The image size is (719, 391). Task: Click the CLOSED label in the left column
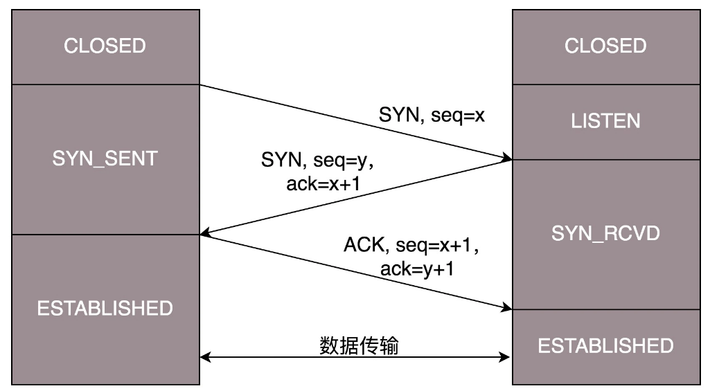105,46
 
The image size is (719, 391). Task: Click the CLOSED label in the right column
605,46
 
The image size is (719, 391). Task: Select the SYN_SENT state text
105,158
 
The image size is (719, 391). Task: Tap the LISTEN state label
605,121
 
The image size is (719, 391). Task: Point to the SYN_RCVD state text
605,233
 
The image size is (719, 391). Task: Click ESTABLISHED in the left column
105,308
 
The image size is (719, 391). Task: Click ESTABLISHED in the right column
605,345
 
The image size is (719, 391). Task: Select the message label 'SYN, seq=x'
431,116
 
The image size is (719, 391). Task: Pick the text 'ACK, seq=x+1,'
411,245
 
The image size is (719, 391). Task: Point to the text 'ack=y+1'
416,269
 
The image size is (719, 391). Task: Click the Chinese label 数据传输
359,345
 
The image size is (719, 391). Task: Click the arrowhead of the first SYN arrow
507,158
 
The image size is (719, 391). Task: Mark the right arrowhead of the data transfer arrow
506,358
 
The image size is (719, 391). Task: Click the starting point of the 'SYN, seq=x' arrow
201,85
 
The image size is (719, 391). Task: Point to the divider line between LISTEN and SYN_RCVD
605,159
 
